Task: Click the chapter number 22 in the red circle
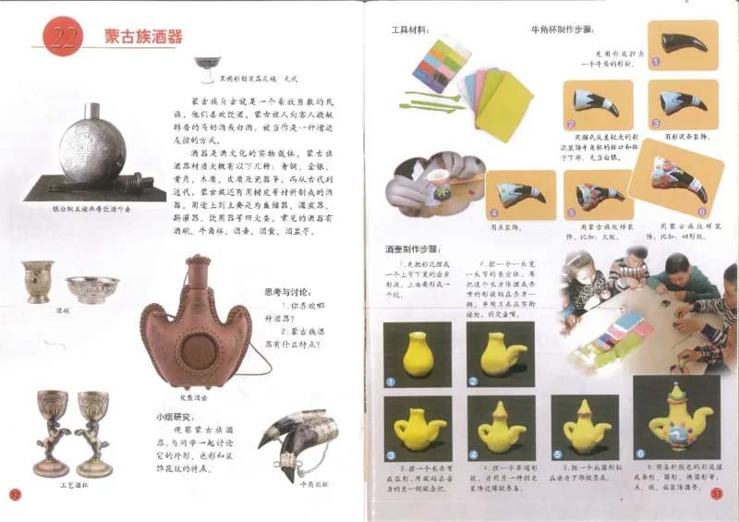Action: click(x=61, y=36)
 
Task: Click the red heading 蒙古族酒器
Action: click(x=143, y=37)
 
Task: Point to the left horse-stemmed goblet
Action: click(x=52, y=431)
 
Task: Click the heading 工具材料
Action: click(x=411, y=30)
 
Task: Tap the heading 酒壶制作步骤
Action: click(x=412, y=249)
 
